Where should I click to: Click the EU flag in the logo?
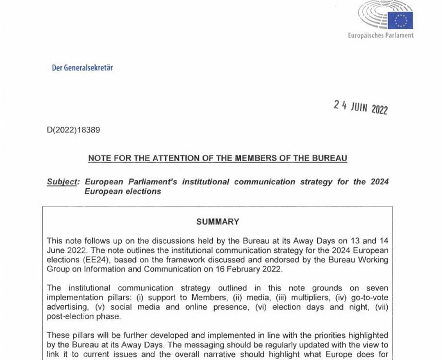click(400, 20)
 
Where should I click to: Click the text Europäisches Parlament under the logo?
click(381, 36)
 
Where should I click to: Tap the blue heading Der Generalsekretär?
click(82, 68)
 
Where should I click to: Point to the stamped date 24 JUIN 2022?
click(360, 107)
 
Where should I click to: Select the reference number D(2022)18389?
click(74, 130)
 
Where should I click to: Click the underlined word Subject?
click(62, 182)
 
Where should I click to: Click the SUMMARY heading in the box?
click(218, 222)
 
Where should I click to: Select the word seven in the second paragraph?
click(377, 288)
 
